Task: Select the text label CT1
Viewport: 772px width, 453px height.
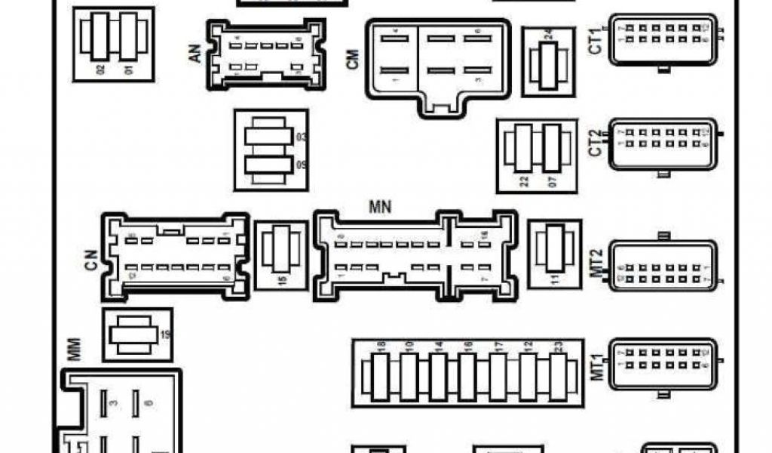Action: point(596,40)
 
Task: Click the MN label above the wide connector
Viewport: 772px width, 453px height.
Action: point(380,206)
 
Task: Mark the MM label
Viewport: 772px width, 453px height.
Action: point(74,350)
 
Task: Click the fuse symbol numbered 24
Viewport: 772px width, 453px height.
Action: point(544,65)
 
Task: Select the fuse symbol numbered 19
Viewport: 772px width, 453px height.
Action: point(131,334)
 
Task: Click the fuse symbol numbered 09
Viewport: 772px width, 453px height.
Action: point(268,167)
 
